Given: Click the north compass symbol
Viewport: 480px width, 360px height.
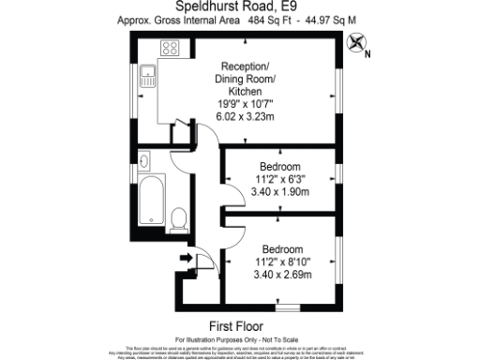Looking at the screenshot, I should click(x=355, y=42).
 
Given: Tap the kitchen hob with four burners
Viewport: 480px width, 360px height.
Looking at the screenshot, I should click(x=172, y=48).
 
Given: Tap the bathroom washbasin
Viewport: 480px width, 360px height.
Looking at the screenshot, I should click(x=144, y=161).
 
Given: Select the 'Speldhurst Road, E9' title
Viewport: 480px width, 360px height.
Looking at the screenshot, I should click(x=240, y=6).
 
